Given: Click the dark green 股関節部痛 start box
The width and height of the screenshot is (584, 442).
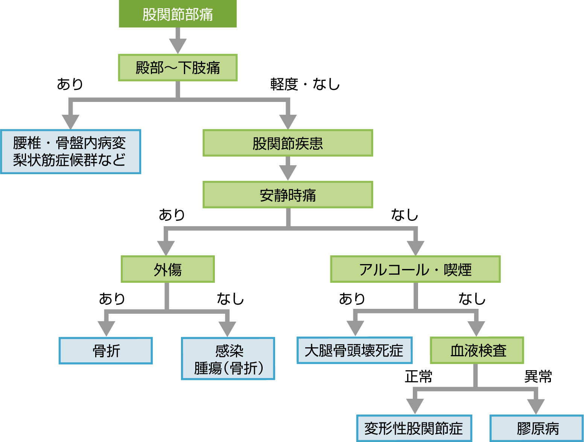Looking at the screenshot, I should tap(178, 14).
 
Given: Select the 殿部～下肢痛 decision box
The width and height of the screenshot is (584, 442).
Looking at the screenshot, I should tap(178, 68).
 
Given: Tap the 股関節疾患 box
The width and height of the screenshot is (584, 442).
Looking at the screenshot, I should tap(287, 143).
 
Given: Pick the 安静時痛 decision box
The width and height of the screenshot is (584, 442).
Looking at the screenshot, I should tap(287, 195).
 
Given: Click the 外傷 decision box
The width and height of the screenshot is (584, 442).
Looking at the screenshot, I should tap(167, 269).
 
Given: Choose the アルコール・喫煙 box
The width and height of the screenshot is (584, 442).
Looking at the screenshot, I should tap(415, 269).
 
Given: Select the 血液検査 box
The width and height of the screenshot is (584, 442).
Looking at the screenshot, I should tap(477, 350).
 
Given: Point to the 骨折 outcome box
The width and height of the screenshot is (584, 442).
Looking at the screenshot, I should tap(106, 351).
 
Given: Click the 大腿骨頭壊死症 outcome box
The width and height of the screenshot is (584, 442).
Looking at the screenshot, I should tap(354, 350).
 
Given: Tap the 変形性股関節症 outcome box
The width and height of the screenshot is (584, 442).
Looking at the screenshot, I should tap(414, 428).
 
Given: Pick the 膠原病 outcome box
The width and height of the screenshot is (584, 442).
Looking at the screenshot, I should tap(537, 428).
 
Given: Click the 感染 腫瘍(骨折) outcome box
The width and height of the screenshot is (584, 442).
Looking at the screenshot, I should tap(228, 358).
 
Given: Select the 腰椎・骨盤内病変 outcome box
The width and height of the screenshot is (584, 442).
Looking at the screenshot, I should tap(70, 152).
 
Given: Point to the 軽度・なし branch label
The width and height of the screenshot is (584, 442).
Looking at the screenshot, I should tap(305, 84).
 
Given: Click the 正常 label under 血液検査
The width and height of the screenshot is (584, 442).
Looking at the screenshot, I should tap(418, 376).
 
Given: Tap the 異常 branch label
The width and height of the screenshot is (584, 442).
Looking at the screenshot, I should tap(538, 376).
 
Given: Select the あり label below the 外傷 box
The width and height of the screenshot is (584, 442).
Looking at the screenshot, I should tap(112, 299).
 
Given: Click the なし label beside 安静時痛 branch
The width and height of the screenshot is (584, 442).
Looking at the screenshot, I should tap(405, 215).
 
